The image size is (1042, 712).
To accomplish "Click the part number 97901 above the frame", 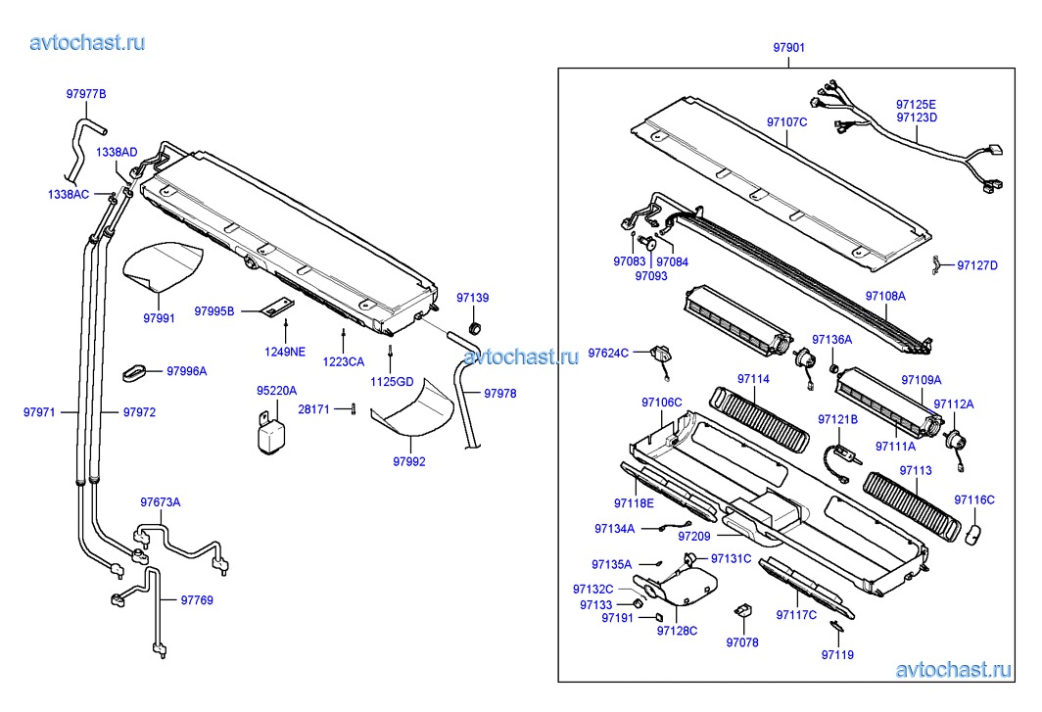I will [788, 47].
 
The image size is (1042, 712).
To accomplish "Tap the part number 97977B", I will [86, 94].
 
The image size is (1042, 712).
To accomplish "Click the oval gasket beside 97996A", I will [137, 371].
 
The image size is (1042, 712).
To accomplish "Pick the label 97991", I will [159, 318].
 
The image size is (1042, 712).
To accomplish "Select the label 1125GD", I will [392, 381].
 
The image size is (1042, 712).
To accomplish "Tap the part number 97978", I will [499, 394].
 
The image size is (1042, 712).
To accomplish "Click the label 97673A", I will [160, 502].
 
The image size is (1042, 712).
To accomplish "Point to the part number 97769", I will [196, 600].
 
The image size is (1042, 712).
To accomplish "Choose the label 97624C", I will [608, 353].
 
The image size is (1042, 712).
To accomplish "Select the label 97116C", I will [974, 499].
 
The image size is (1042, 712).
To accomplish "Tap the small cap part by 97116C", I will [973, 533].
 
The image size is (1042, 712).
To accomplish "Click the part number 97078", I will [742, 642].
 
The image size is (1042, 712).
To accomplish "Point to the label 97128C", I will [677, 631].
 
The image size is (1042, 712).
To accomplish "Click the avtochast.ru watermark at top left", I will [88, 42].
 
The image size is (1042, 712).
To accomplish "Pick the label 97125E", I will [916, 104].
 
